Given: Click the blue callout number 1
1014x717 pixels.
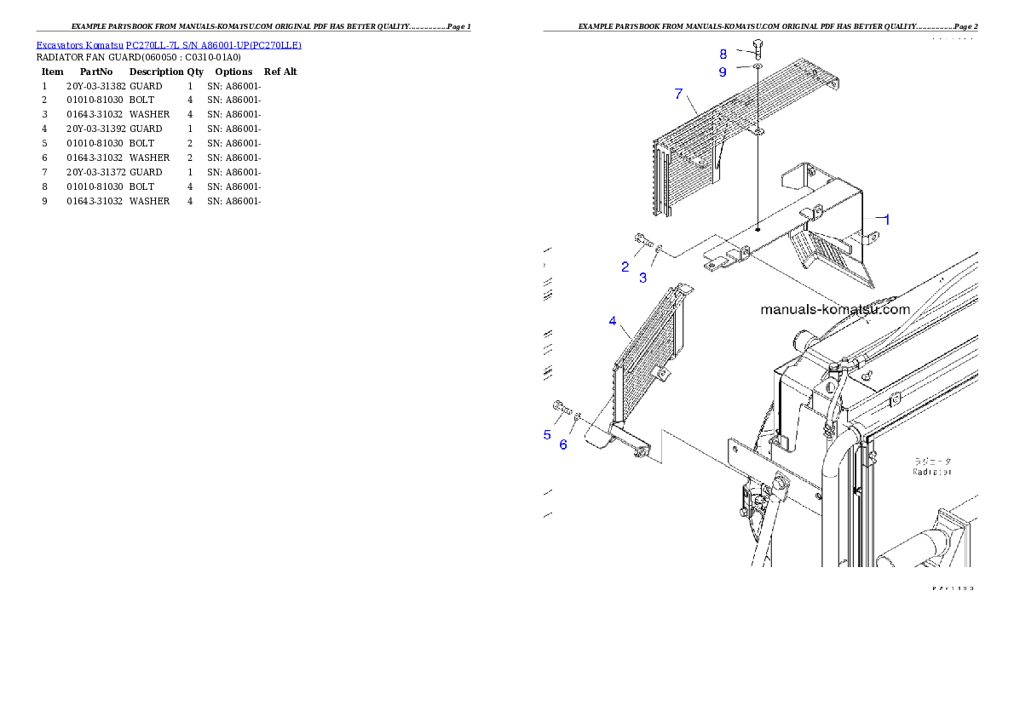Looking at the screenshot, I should [x=886, y=219].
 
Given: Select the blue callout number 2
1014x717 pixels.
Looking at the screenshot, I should [x=625, y=267].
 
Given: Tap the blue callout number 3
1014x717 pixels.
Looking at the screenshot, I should [x=643, y=277].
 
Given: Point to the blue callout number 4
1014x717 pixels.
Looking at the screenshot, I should [x=613, y=321].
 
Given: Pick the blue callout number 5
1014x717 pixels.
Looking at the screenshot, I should [x=547, y=435].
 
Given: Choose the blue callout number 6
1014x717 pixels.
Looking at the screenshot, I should [x=563, y=445].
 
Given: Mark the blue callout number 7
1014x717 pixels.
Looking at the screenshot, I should [x=678, y=94].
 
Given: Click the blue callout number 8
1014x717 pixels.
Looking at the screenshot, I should [x=723, y=54].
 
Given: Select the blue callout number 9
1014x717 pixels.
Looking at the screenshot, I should [x=723, y=72].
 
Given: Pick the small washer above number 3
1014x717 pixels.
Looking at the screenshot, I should [x=659, y=248].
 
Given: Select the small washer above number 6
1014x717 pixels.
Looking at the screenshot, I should [x=578, y=416].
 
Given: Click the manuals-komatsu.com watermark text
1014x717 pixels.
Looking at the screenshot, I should [x=835, y=310].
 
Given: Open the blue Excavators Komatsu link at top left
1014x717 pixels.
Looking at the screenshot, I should [x=169, y=45].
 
